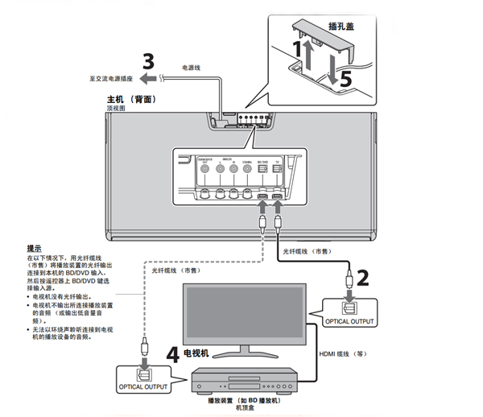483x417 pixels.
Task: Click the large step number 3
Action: [147, 61]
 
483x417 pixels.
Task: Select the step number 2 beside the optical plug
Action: [363, 278]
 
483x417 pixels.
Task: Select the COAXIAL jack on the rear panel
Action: [246, 171]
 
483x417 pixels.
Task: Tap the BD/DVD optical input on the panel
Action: [262, 171]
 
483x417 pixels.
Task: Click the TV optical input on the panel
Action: [278, 171]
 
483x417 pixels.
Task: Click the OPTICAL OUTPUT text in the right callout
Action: [350, 321]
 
